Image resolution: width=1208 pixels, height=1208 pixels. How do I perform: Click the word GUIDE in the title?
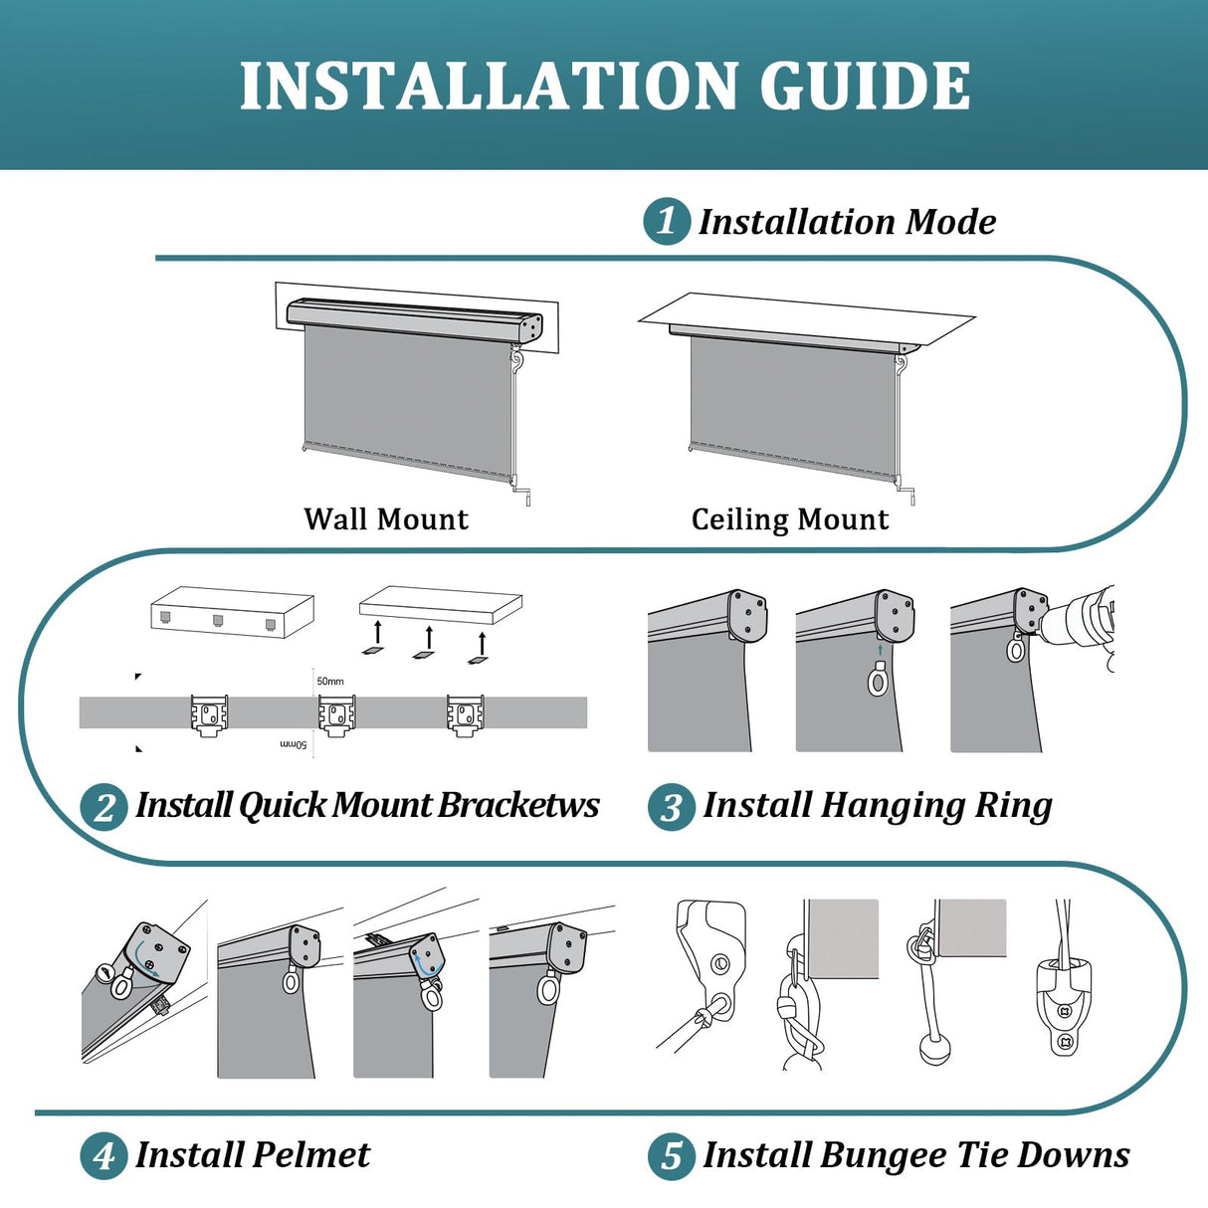tap(865, 86)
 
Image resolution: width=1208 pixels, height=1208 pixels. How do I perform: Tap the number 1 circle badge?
tap(667, 221)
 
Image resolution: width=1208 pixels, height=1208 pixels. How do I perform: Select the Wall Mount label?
tap(386, 519)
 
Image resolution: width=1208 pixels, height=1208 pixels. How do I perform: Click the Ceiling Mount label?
tap(790, 519)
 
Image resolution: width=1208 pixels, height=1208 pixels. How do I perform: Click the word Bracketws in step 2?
tap(518, 804)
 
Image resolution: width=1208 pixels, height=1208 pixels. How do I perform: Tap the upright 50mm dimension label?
tap(330, 681)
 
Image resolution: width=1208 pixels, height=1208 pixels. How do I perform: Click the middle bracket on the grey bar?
tap(337, 715)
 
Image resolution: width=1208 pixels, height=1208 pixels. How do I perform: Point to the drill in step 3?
tap(1080, 619)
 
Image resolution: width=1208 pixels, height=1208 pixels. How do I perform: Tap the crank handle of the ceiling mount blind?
tap(906, 489)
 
